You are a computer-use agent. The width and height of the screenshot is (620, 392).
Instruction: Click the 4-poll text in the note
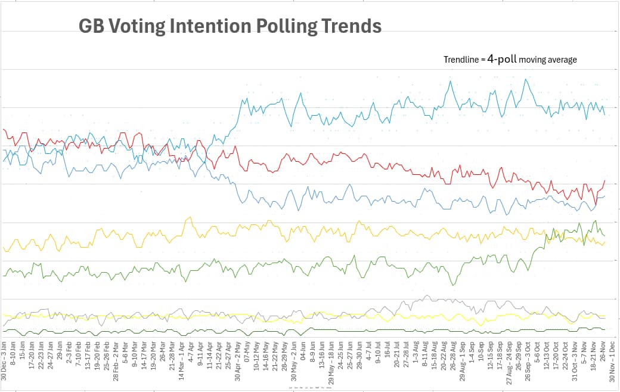click(502, 59)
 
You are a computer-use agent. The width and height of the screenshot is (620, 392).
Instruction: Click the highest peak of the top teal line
click(526, 79)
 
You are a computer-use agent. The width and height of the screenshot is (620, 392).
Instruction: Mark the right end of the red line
click(604, 180)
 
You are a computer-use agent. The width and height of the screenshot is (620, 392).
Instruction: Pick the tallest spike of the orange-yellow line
click(189, 217)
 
